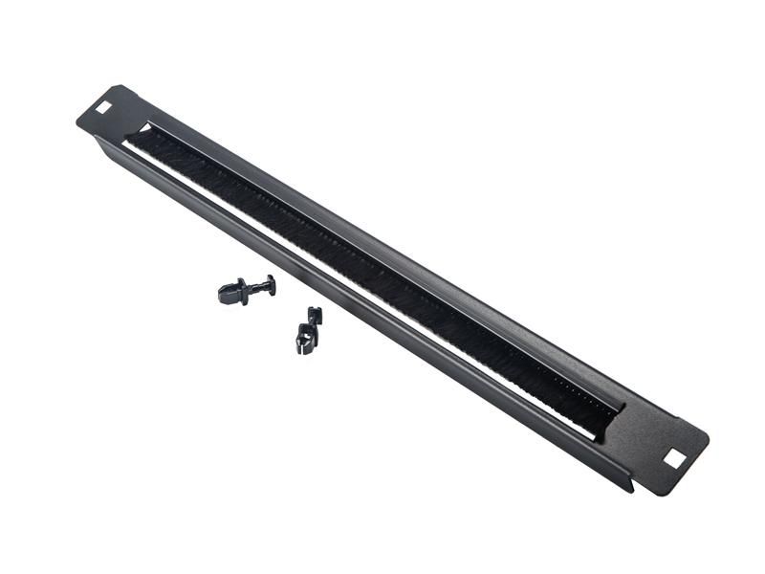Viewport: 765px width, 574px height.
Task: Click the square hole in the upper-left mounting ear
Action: tap(103, 107)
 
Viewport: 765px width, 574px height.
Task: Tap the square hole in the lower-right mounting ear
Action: tap(674, 458)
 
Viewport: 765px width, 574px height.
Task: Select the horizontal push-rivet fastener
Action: tap(247, 289)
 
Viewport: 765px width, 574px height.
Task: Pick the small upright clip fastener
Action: tap(308, 329)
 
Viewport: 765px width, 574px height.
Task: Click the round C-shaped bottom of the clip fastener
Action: tap(304, 341)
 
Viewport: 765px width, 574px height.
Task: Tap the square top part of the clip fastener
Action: tap(314, 315)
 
